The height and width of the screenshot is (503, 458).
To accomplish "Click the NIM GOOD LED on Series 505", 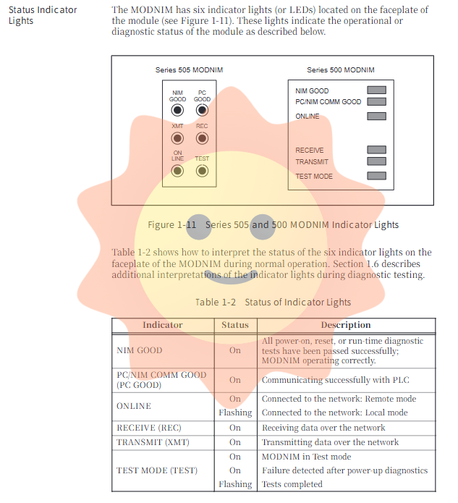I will tap(177, 110).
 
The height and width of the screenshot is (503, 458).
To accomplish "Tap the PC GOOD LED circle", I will tap(202, 110).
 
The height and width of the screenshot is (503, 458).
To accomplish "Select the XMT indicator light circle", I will tap(177, 138).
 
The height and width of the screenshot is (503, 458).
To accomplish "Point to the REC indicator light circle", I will tap(202, 138).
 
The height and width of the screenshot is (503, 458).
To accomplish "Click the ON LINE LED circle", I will tap(177, 171).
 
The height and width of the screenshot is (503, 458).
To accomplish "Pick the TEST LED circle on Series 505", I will tap(202, 171).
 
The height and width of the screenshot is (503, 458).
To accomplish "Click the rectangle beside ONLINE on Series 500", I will tap(376, 116).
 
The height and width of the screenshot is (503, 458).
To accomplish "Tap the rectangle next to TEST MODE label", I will tap(376, 176).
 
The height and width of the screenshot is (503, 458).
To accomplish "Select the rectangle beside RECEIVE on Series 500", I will tap(376, 151).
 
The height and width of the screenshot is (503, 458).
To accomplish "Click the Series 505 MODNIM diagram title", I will tap(189, 70).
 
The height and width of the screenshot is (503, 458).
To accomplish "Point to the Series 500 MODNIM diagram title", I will tap(340, 70).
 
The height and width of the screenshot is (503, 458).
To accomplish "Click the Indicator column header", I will tap(163, 325).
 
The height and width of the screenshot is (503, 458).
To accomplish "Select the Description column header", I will tap(346, 325).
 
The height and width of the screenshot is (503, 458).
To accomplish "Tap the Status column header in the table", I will tap(235, 325).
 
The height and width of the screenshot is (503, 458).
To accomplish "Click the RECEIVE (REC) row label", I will tap(149, 428).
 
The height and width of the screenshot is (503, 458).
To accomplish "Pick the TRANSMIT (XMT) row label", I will tap(150, 441).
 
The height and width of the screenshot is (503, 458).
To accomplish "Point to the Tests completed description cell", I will tap(292, 484).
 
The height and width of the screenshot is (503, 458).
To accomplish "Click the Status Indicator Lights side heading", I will tap(43, 15).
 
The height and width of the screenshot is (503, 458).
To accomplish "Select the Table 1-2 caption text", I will tap(273, 302).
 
